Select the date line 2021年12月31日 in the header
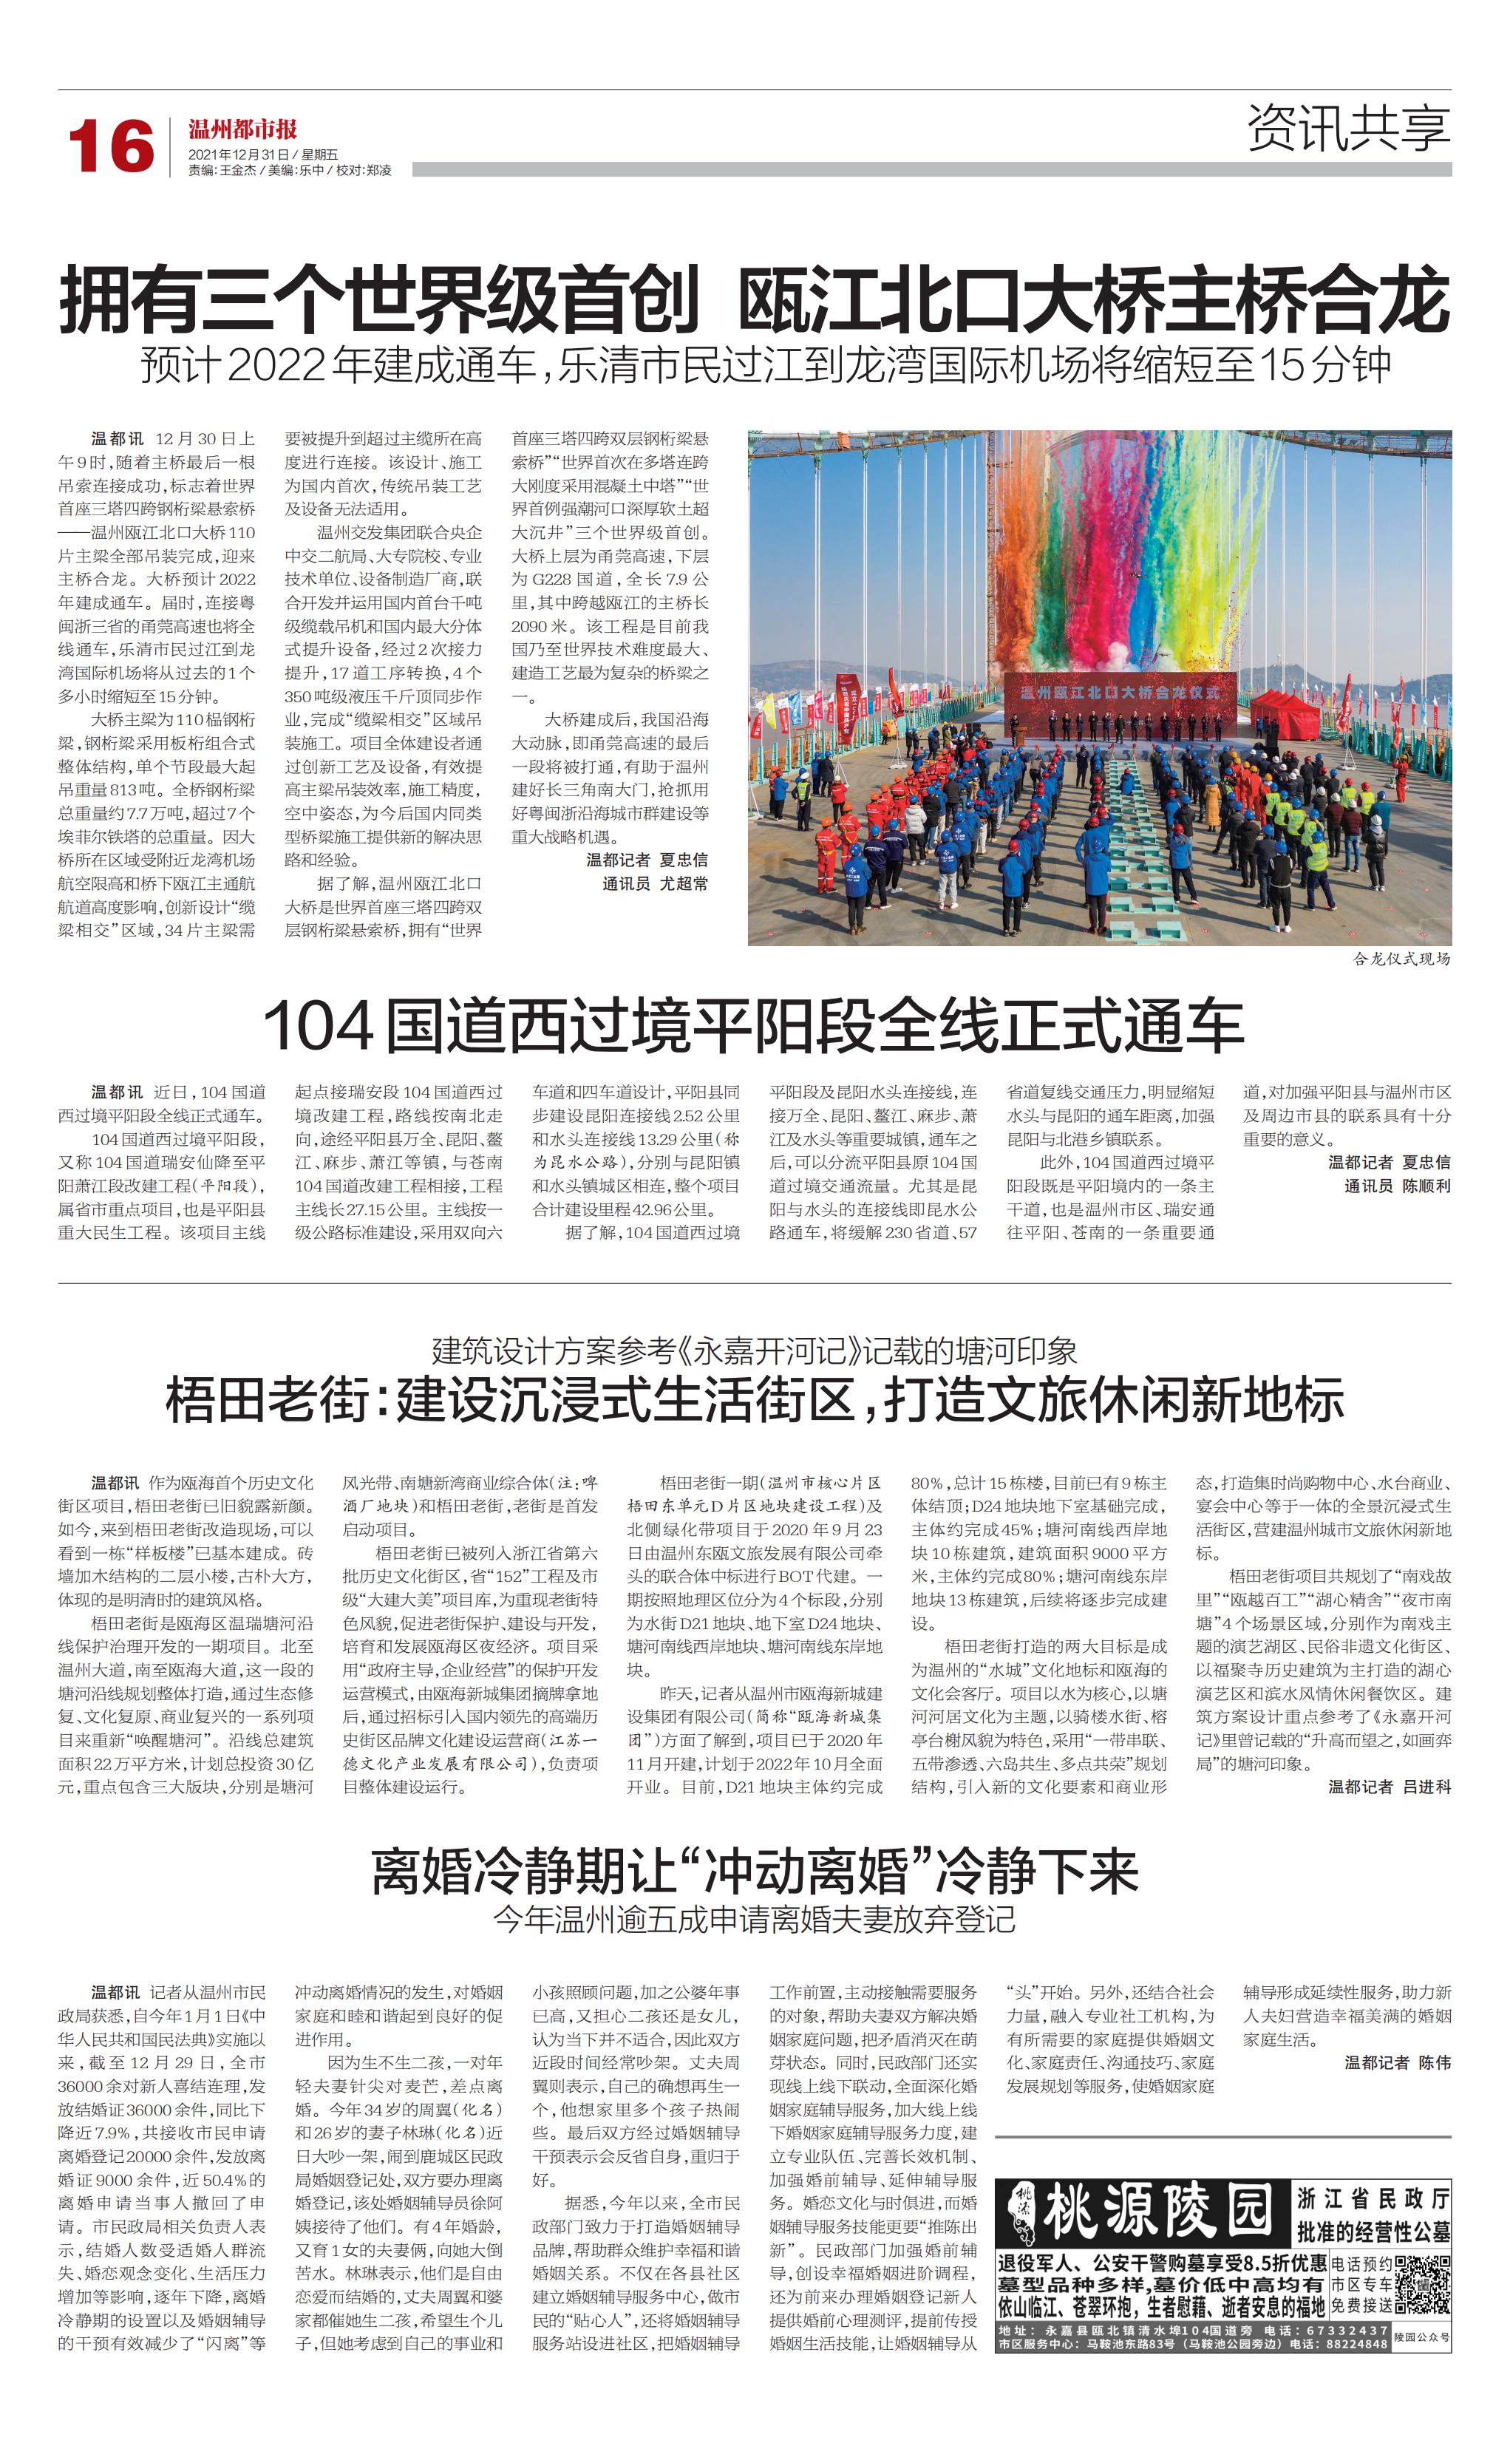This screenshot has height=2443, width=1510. [x=239, y=154]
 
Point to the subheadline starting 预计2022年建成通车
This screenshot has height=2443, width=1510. [x=765, y=366]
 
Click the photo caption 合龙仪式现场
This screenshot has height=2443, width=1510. [x=1401, y=959]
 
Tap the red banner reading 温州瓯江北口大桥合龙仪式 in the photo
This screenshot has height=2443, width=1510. [x=1118, y=692]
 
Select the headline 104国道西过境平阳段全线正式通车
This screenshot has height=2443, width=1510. [x=754, y=1026]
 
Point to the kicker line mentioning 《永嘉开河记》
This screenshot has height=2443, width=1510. [x=754, y=1351]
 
